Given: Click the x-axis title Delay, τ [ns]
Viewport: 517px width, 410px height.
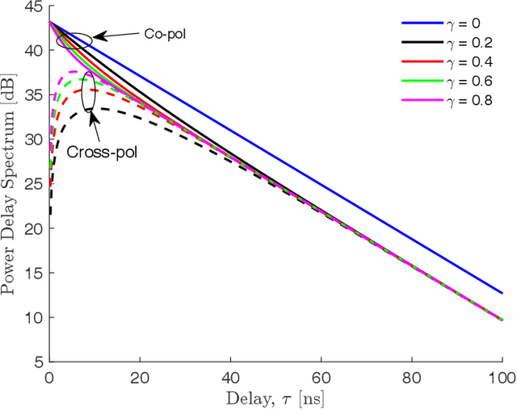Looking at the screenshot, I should [275, 397].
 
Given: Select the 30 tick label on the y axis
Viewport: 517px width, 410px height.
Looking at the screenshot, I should [35, 139].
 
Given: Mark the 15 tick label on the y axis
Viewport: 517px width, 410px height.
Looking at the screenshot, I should [35, 274].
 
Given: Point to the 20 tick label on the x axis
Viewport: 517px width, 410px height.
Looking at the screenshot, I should [141, 377].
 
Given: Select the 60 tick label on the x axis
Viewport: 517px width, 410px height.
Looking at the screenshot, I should [322, 377].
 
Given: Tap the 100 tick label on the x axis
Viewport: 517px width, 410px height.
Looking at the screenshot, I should [502, 377].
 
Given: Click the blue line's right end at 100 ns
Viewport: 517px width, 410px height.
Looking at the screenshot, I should [502, 293].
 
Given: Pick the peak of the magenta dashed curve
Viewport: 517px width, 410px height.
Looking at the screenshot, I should [74, 73].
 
